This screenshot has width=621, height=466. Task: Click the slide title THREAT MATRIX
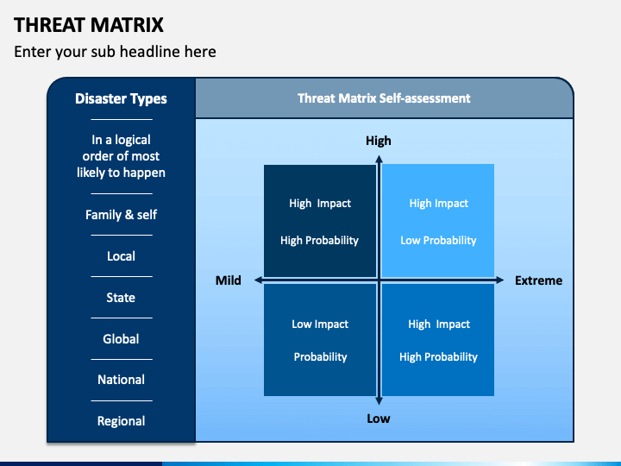click(x=89, y=25)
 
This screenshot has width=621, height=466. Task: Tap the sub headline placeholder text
click(x=115, y=52)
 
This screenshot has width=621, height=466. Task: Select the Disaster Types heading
click(x=121, y=98)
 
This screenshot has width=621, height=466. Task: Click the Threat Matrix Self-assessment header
click(x=384, y=98)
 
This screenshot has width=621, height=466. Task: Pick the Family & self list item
click(x=122, y=215)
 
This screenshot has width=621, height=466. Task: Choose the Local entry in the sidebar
click(x=122, y=256)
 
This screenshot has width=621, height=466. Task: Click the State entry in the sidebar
click(x=121, y=298)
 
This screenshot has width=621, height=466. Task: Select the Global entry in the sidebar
click(x=121, y=339)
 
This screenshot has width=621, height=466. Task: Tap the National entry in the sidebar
click(x=122, y=380)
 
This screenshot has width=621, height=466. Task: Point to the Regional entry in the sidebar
click(x=122, y=421)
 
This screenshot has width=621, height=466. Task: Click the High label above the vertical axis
click(x=379, y=141)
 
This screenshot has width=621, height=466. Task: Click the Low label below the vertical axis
click(x=379, y=419)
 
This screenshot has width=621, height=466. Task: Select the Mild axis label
click(x=228, y=280)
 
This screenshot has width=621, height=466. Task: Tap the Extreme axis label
click(x=538, y=280)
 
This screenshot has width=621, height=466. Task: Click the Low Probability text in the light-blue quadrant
click(x=438, y=241)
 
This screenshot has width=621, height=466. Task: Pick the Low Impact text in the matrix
click(x=320, y=324)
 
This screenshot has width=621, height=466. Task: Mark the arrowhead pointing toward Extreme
click(x=500, y=280)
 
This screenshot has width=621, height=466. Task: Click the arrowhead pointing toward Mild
click(x=258, y=280)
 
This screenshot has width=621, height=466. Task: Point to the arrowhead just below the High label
click(x=379, y=160)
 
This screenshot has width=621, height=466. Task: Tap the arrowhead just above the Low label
click(x=379, y=400)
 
